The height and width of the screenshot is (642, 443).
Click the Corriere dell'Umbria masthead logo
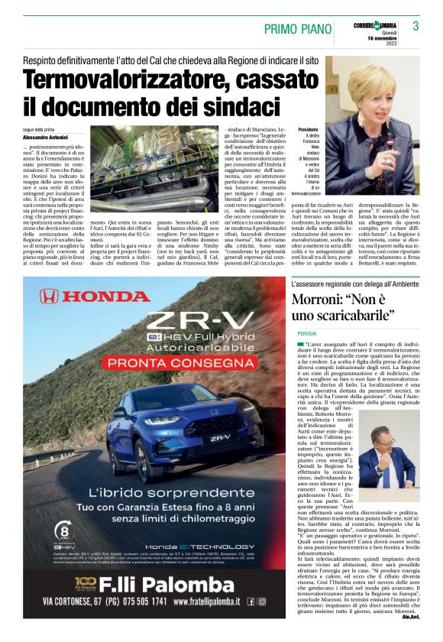tap(377, 21)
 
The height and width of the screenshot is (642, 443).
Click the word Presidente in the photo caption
tap(308, 131)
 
